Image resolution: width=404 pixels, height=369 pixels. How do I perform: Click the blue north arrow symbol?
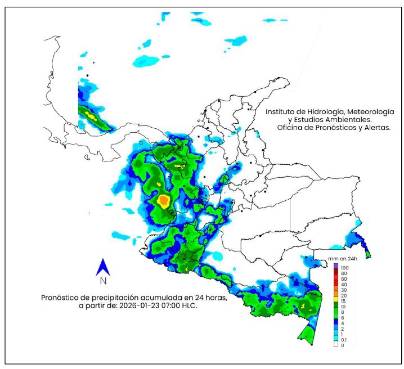[103, 267]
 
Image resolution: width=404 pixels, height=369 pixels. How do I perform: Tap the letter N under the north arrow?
[103, 280]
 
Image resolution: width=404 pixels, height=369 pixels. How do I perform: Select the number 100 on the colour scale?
[344, 265]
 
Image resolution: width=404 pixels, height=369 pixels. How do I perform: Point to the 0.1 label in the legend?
[344, 340]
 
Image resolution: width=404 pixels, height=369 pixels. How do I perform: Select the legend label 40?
[343, 284]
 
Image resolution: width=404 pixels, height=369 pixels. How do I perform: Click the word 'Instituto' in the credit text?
[284, 111]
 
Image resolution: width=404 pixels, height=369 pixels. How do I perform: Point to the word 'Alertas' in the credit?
[376, 128]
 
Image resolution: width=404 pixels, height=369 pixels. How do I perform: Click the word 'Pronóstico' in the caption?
[61, 298]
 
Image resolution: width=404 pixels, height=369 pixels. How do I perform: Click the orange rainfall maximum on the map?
[164, 201]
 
